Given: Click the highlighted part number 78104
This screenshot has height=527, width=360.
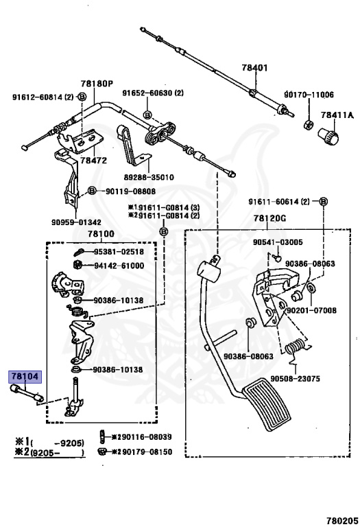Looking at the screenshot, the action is coord(25,377).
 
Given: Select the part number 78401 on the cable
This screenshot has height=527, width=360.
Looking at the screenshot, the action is coord(255,67).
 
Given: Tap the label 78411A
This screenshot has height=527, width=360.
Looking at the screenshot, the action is coord(337,115).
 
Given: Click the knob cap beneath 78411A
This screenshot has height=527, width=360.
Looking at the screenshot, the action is coord(328,136).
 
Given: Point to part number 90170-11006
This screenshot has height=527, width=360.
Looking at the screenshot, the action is coord(309,95).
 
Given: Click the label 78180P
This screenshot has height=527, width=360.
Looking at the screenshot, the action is coord(97,83).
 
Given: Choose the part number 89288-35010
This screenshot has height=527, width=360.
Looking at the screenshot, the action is coord(148,177).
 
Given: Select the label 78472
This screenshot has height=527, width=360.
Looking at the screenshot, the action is coord(94,161).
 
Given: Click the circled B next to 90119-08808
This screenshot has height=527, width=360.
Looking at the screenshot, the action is coord(92,191).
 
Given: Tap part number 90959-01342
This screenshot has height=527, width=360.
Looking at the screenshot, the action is coord(76,222).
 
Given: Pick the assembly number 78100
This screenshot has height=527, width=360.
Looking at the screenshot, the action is coord(101,233).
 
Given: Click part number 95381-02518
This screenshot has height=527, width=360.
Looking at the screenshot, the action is coord(119,252).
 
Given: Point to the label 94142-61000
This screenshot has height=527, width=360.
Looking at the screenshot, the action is coord(119,266).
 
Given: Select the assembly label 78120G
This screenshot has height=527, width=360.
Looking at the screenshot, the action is coord(269,218).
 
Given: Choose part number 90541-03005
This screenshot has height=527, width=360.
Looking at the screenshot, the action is coord(278,242).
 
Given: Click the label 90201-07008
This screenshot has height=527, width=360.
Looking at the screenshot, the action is coord(311,310).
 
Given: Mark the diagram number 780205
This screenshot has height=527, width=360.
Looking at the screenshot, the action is coord(342,521).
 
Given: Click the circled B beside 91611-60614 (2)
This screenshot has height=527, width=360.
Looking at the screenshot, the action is coord(323,201).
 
